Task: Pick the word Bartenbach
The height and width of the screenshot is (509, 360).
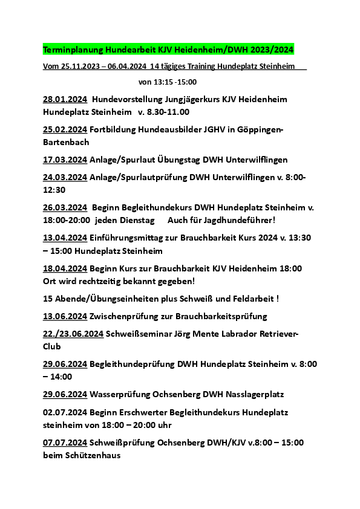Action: pyautogui.click(x=66, y=143)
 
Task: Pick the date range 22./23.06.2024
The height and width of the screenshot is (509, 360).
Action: pyautogui.click(x=73, y=334)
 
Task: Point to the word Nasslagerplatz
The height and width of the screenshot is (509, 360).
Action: pyautogui.click(x=251, y=394)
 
